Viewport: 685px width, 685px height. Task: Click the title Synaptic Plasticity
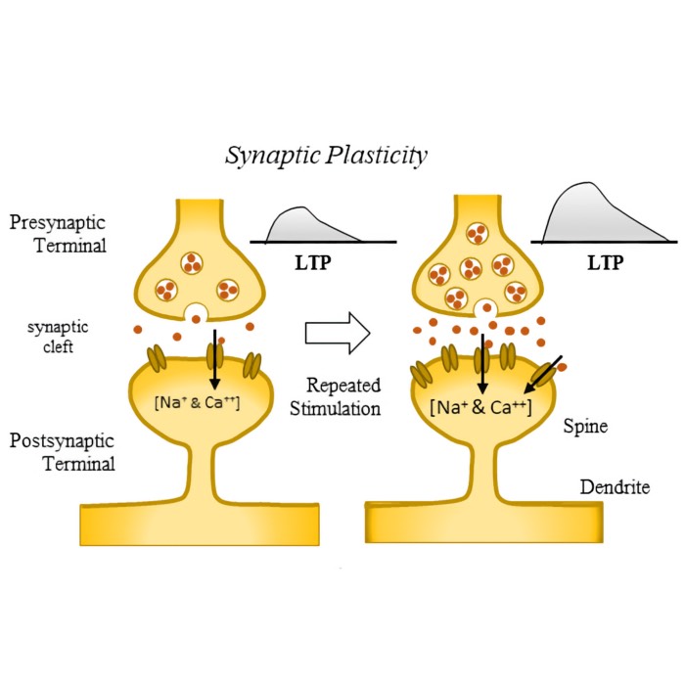tap(326, 156)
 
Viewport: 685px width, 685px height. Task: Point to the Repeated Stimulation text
tap(335, 397)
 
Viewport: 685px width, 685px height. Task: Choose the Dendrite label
tap(614, 486)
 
